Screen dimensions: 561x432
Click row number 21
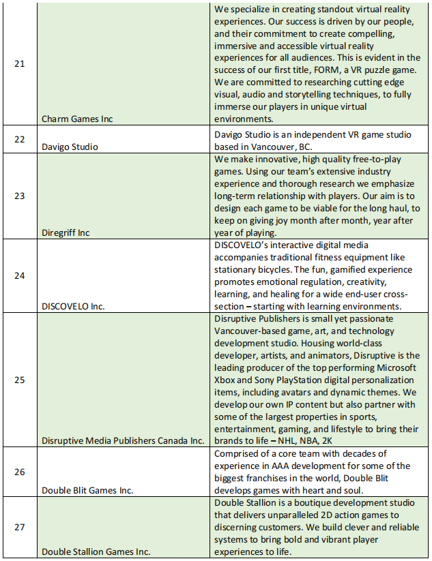(19, 64)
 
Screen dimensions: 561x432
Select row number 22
(19, 139)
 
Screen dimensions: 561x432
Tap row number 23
(19, 196)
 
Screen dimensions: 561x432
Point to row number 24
(19, 275)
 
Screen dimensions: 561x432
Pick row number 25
(19, 379)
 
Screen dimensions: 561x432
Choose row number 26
(19, 472)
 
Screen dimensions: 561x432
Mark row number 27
(19, 527)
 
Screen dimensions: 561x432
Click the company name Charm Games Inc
(78, 119)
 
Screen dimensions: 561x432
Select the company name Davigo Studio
(70, 147)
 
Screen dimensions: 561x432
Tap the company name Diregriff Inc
(66, 232)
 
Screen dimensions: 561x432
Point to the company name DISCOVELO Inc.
(73, 306)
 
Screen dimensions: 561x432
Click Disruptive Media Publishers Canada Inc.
(123, 440)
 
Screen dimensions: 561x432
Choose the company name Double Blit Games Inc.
(87, 490)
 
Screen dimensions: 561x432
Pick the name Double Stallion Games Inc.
(96, 551)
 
